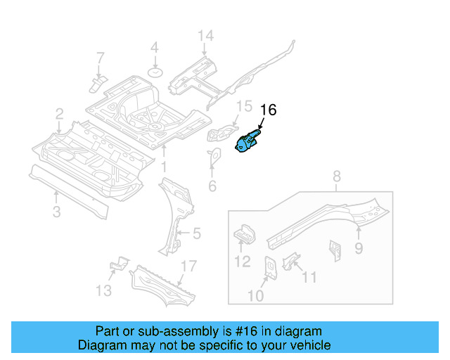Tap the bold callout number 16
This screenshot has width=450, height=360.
[x=269, y=110]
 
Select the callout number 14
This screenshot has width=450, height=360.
[x=205, y=37]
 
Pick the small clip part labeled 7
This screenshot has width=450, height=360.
[x=97, y=84]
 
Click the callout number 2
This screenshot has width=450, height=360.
[x=60, y=113]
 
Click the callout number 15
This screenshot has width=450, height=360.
[x=243, y=106]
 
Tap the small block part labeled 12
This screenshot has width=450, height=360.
[x=243, y=233]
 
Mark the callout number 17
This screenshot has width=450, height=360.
[x=186, y=266]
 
